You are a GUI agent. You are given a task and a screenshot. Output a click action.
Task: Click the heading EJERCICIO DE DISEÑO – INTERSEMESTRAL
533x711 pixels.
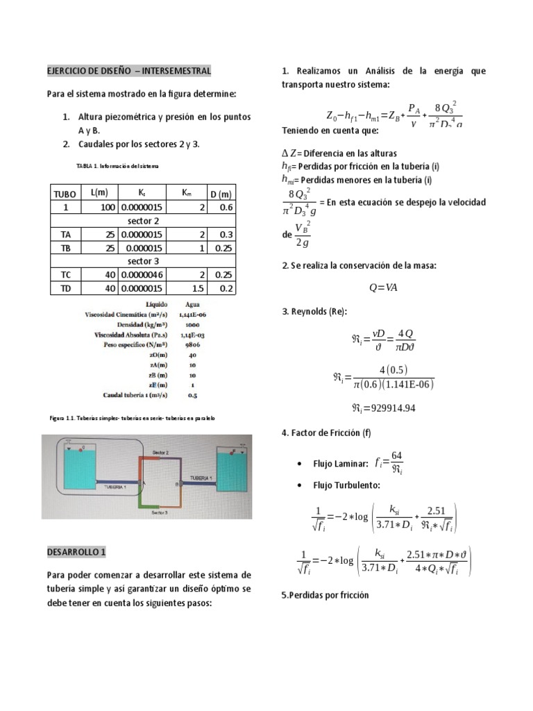(x=128, y=72)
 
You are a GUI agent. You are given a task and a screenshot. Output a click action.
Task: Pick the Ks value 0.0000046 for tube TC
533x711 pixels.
(x=142, y=275)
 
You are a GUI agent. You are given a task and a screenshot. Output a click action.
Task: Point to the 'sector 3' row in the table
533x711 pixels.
(x=144, y=262)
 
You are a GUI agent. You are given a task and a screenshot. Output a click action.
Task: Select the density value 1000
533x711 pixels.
(x=192, y=324)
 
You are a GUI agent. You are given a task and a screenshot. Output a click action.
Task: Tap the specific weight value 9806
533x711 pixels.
(x=192, y=344)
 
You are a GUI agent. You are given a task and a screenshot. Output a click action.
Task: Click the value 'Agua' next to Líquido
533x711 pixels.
(x=192, y=304)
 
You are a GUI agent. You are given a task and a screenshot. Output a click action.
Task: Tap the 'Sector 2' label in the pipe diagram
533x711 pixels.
(x=161, y=451)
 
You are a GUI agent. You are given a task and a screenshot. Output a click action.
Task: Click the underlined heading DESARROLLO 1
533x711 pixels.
(x=76, y=552)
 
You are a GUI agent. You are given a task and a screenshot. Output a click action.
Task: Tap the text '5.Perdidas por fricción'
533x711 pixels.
(x=325, y=595)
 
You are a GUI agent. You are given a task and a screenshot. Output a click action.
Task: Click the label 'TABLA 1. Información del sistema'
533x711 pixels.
(x=117, y=167)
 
